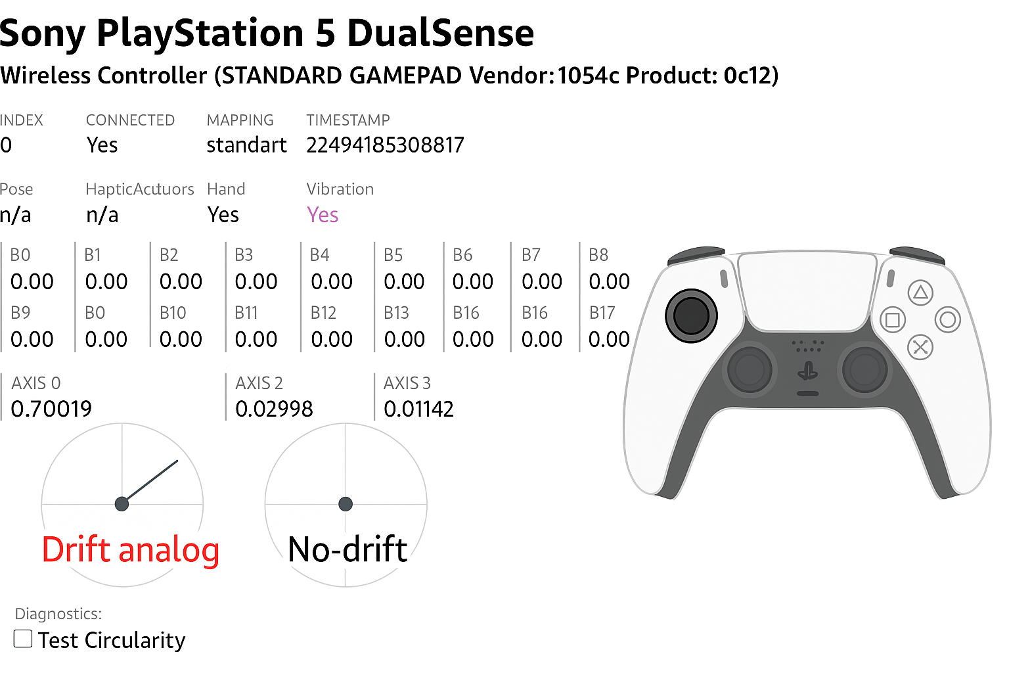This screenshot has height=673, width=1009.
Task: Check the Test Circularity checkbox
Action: pos(23,639)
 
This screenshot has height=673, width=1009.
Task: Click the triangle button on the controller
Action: pos(920,293)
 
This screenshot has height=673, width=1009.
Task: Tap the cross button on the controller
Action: pos(920,347)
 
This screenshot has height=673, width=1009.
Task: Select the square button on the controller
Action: pos(892,320)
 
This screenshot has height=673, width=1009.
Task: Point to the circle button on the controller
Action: pos(948,320)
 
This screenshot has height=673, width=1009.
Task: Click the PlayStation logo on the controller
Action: pos(807,371)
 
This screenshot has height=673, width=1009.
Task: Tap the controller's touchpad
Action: pos(807,290)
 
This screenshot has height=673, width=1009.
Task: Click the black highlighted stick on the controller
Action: pos(691,315)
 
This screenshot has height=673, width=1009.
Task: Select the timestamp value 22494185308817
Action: pos(385,145)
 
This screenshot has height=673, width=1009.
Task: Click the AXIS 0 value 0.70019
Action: pos(51,409)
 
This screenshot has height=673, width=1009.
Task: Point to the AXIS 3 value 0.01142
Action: pos(418,409)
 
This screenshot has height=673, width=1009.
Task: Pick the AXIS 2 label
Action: pos(259,383)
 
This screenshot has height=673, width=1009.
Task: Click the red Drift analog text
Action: pos(131,550)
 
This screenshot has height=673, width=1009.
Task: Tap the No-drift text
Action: pos(348,549)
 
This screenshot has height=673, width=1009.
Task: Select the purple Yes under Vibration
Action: pos(323,214)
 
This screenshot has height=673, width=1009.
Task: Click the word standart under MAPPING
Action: pos(246,145)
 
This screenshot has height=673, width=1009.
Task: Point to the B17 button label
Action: pos(602,313)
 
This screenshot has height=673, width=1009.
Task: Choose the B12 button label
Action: pos(323,313)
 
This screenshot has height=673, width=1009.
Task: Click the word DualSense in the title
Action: pos(441,34)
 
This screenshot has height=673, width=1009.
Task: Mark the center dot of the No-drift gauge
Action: pos(346,504)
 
